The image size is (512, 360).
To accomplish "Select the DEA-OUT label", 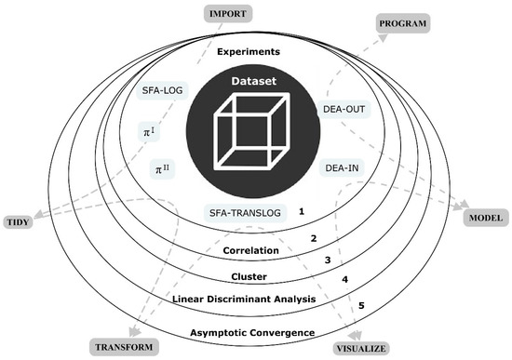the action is click(346, 110).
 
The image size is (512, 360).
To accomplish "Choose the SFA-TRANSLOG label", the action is click(244, 213).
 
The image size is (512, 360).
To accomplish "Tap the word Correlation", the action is click(253, 251).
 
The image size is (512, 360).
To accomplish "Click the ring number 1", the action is click(303, 212).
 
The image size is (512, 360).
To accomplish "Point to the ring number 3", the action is click(328, 260).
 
